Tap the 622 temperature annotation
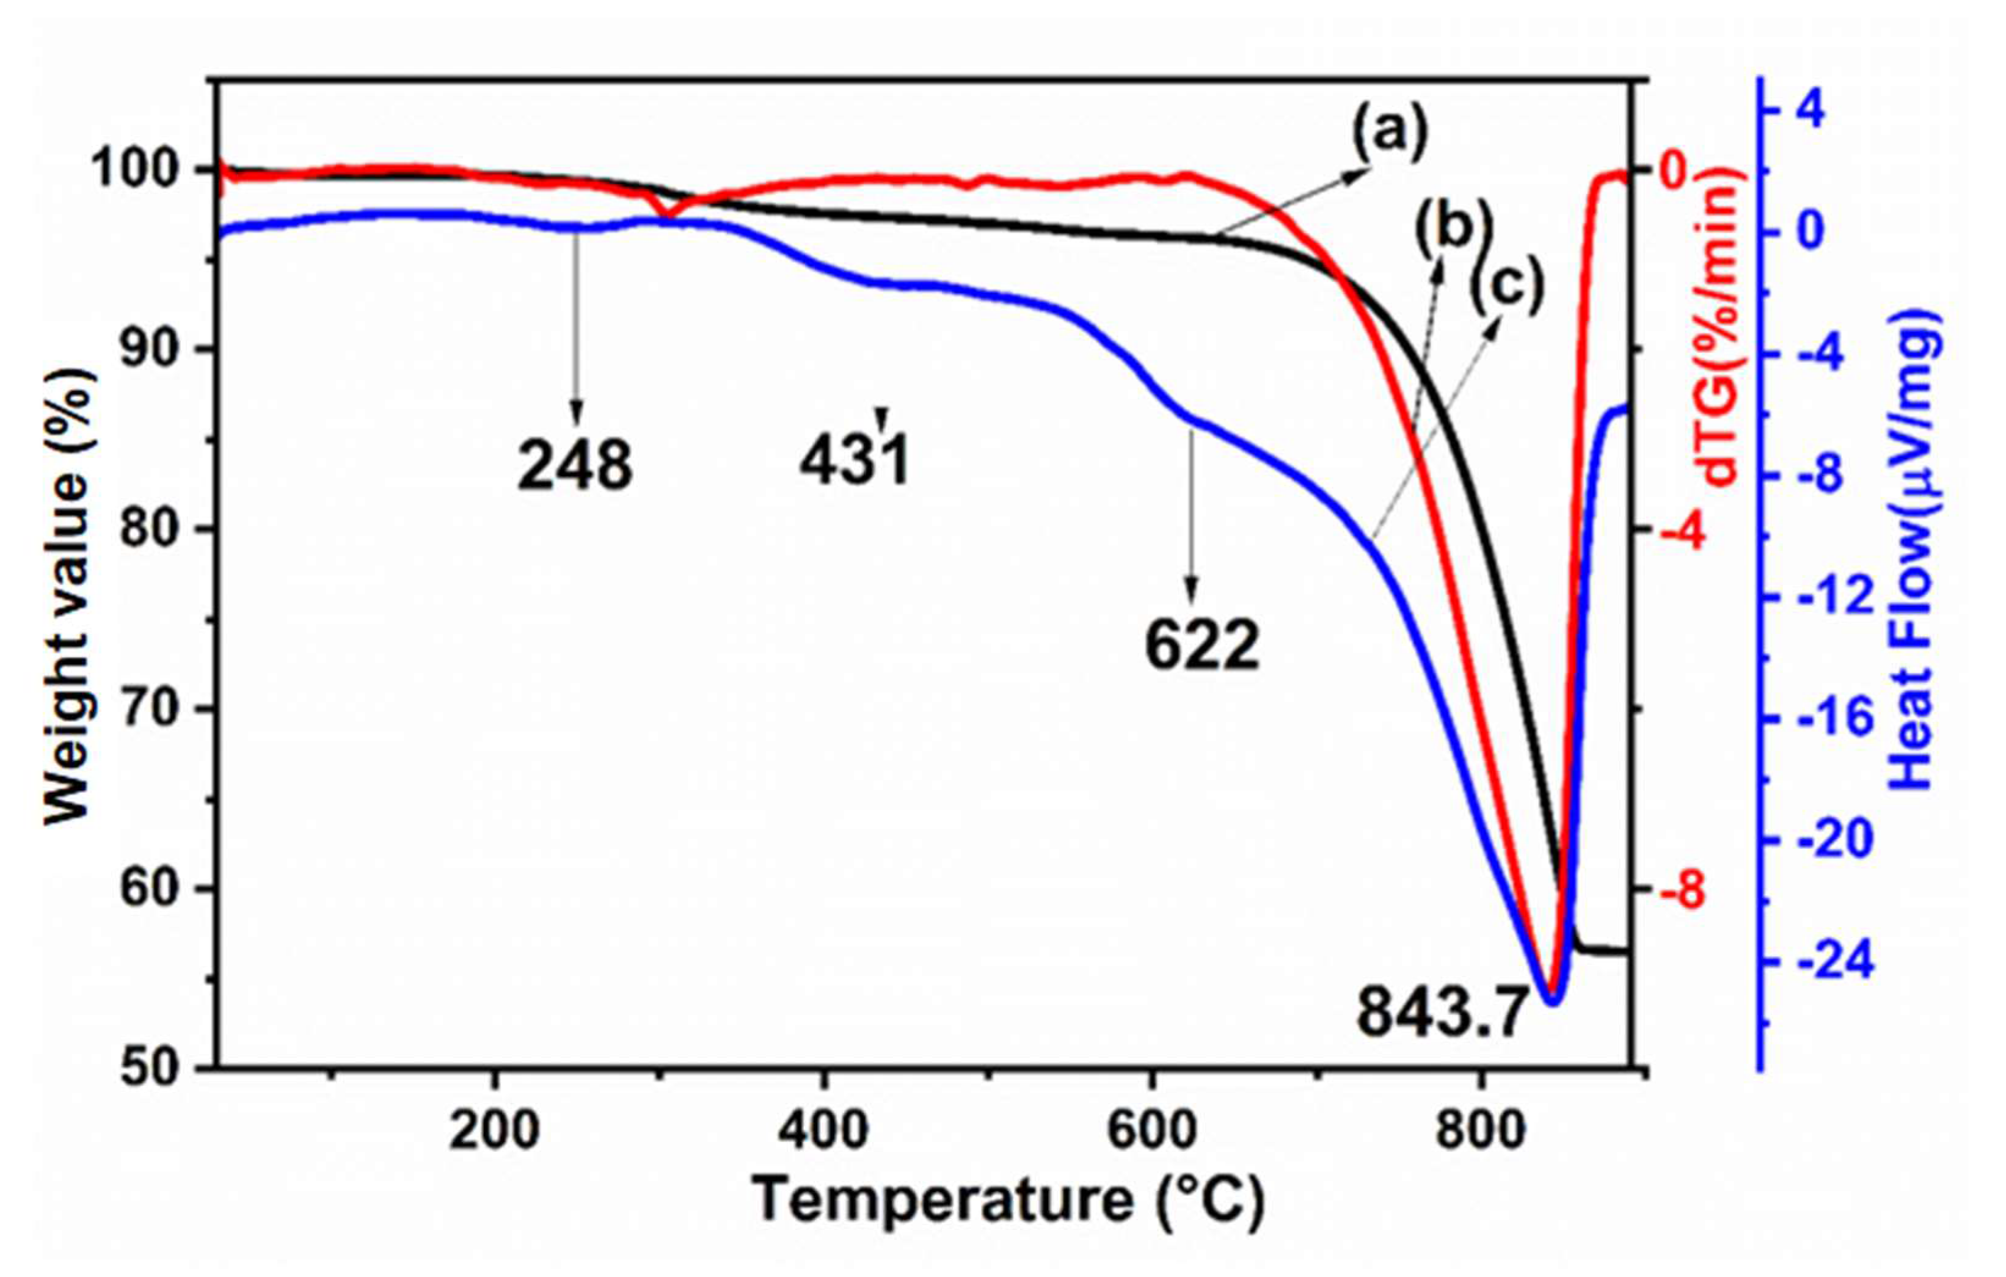pyautogui.click(x=1202, y=646)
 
